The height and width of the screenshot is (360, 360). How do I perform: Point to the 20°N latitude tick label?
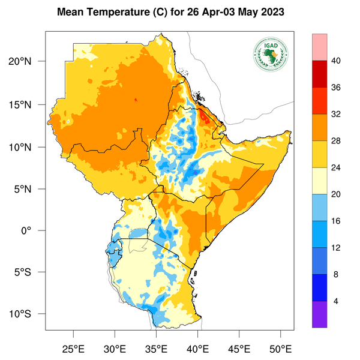[x=28, y=62]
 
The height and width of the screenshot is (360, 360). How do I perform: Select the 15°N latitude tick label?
[x=28, y=104]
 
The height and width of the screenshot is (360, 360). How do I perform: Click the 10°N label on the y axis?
[x=28, y=147]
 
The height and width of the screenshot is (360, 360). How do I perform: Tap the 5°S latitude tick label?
[x=30, y=272]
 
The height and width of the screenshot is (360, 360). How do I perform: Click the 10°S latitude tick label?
[x=28, y=314]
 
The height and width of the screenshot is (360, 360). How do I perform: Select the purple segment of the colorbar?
[x=319, y=314]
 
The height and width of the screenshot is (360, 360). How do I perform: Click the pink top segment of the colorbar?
[x=319, y=47]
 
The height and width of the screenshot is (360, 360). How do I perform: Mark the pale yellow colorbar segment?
[x=319, y=181]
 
